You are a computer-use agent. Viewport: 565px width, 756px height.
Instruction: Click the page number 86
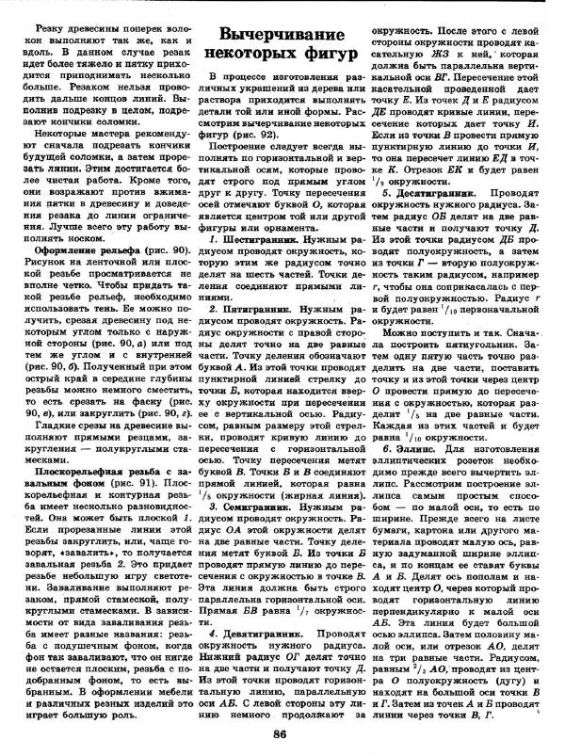point(279,735)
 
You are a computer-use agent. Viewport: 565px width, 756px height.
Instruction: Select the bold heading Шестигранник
point(266,242)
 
